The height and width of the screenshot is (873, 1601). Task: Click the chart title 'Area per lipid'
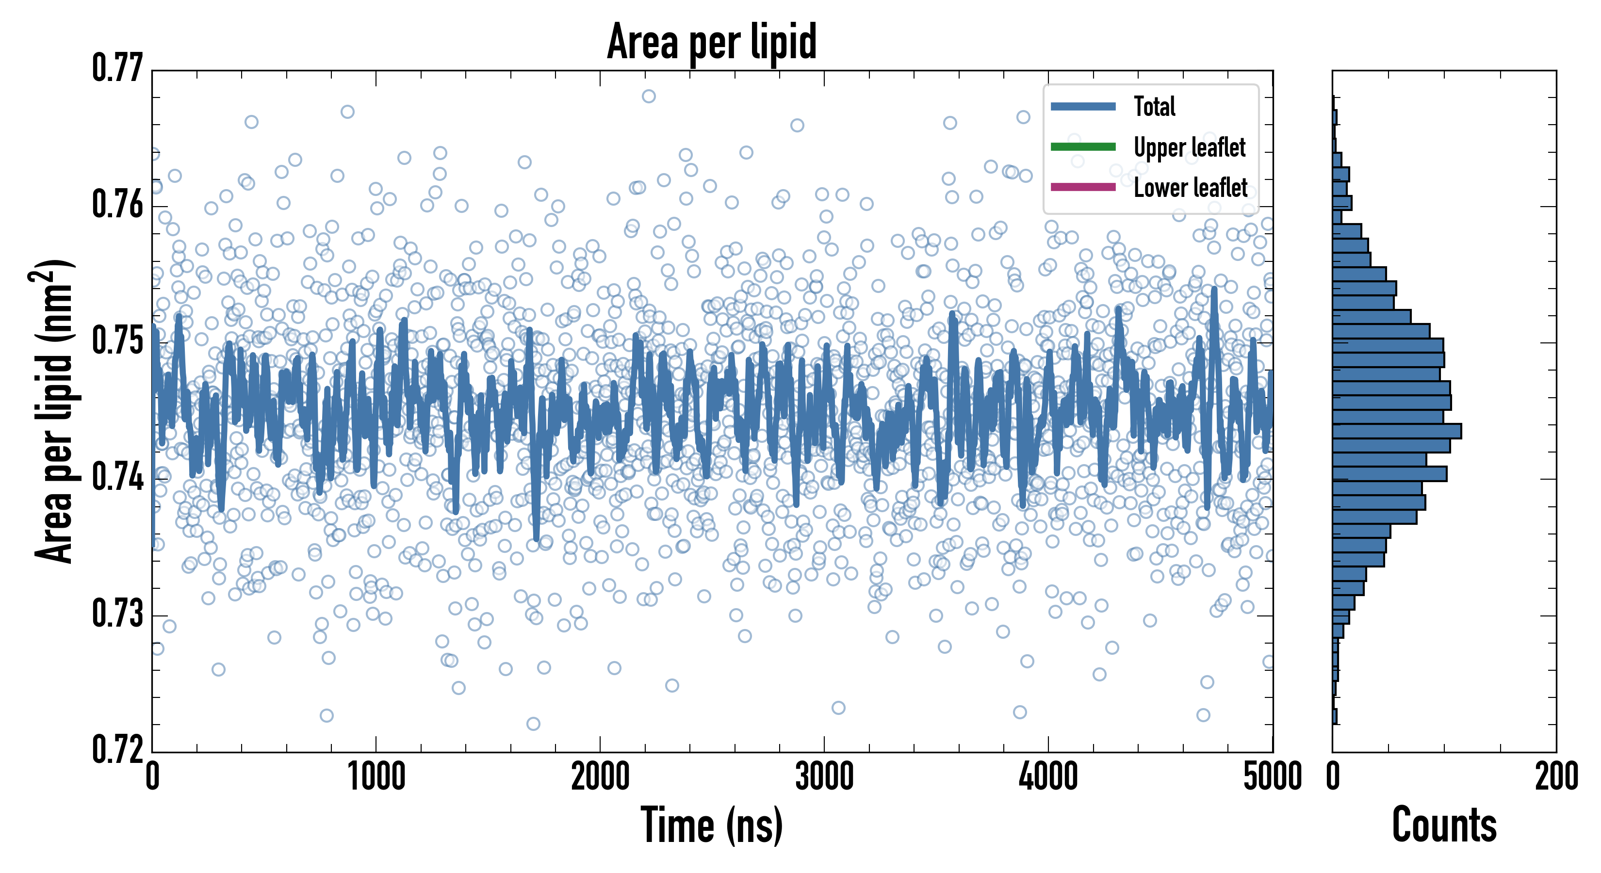point(712,42)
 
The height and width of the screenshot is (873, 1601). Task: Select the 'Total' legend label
point(1154,107)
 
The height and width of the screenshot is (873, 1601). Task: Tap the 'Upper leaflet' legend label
point(1189,148)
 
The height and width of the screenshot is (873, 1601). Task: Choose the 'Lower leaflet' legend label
point(1190,188)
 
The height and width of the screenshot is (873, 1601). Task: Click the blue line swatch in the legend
point(1083,107)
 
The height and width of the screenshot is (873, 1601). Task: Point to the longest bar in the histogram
point(1397,431)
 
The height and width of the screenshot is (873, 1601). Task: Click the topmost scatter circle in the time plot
point(648,97)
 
